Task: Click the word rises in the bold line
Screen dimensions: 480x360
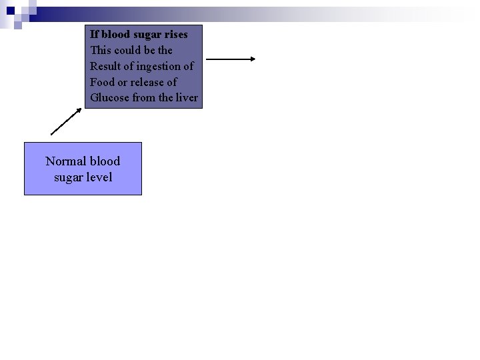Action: coord(173,34)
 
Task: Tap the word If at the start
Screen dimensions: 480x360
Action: coord(95,34)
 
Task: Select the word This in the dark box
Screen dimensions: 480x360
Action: coord(101,50)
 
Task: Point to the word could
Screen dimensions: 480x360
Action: coord(128,50)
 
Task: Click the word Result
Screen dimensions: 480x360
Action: coord(106,66)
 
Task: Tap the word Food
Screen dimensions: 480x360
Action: coord(102,82)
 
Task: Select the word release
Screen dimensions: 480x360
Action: coord(148,82)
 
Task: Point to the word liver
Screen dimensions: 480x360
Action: coord(187,98)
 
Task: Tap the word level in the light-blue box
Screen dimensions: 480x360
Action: coord(98,177)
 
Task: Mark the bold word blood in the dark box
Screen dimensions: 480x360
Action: coord(117,34)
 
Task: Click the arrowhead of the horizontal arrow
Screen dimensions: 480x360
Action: coord(253,59)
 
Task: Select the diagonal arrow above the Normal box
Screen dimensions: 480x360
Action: coord(66,121)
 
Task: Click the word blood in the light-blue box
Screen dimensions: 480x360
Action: coord(105,161)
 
